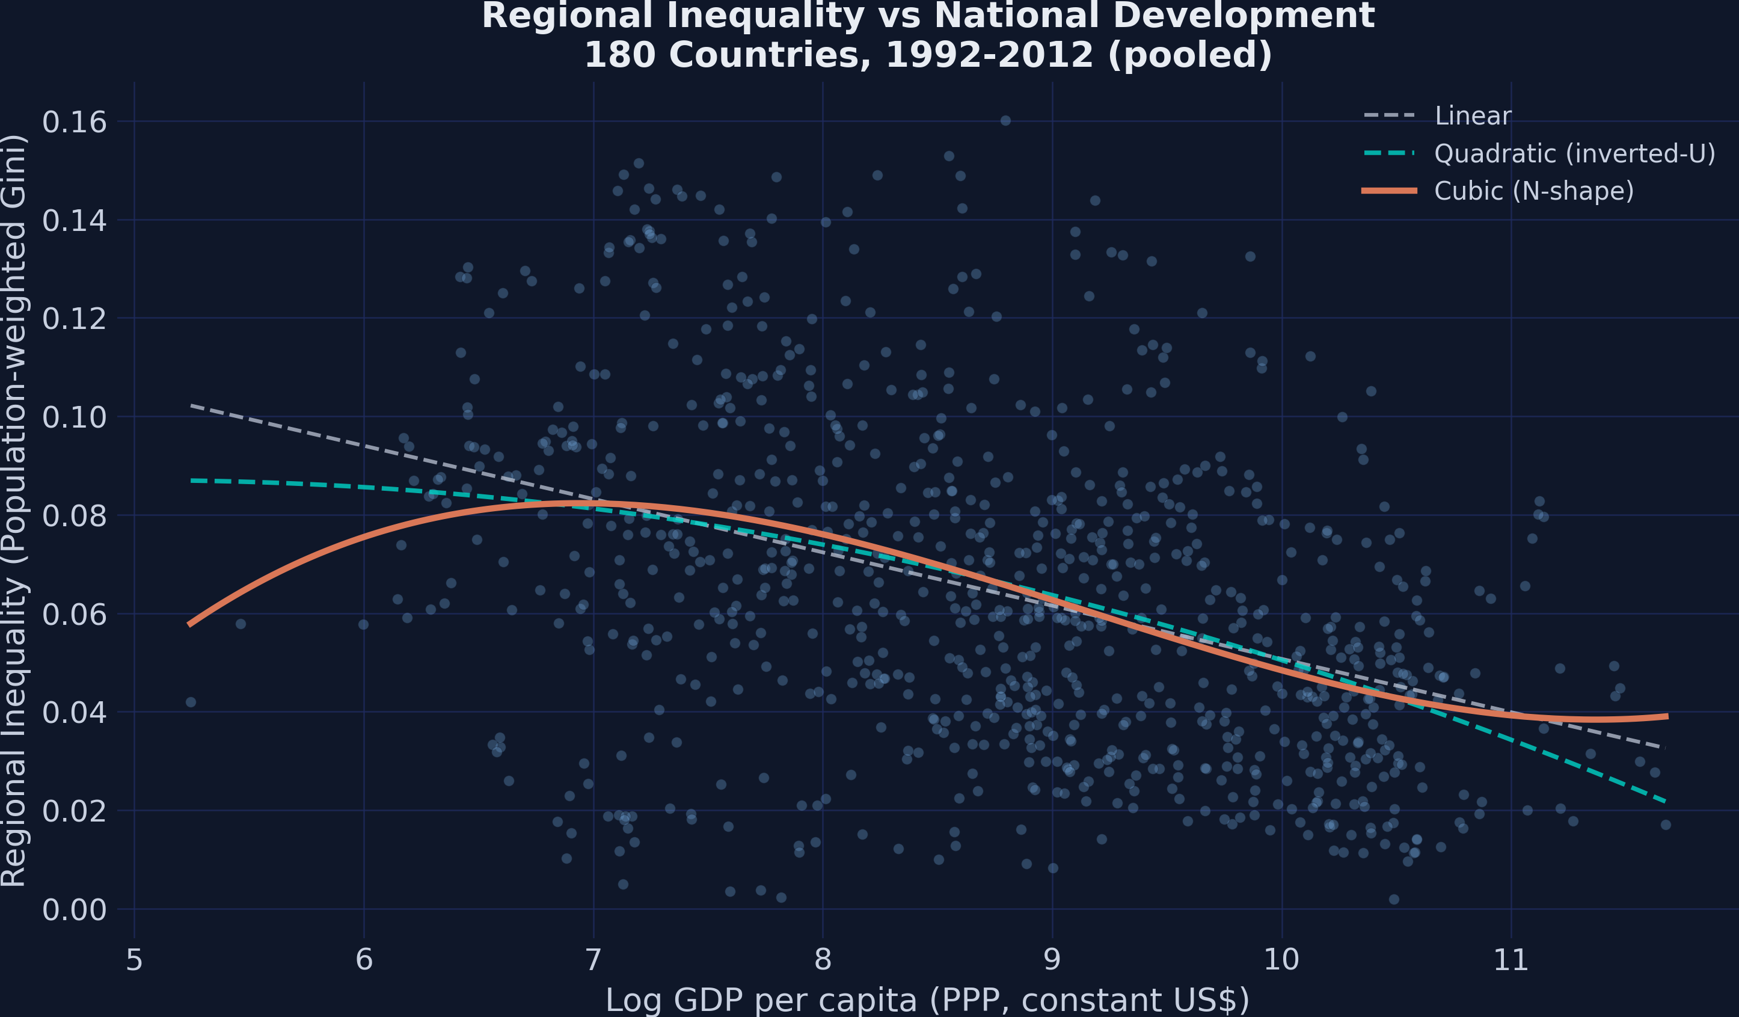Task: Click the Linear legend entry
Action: click(1473, 116)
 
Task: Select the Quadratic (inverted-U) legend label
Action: click(1574, 153)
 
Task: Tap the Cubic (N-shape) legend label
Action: click(1533, 191)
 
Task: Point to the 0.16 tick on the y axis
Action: click(75, 122)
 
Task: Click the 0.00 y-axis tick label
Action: click(75, 909)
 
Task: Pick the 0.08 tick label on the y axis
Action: click(75, 516)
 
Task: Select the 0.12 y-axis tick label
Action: click(75, 319)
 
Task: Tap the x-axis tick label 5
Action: click(134, 960)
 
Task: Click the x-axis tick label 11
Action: click(1511, 960)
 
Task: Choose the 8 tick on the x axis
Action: click(823, 960)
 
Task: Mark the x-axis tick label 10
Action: click(1281, 960)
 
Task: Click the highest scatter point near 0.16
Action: click(1005, 121)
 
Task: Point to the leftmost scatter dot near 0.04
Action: click(191, 702)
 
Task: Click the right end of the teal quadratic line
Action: click(1666, 802)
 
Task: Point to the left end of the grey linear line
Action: click(192, 405)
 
